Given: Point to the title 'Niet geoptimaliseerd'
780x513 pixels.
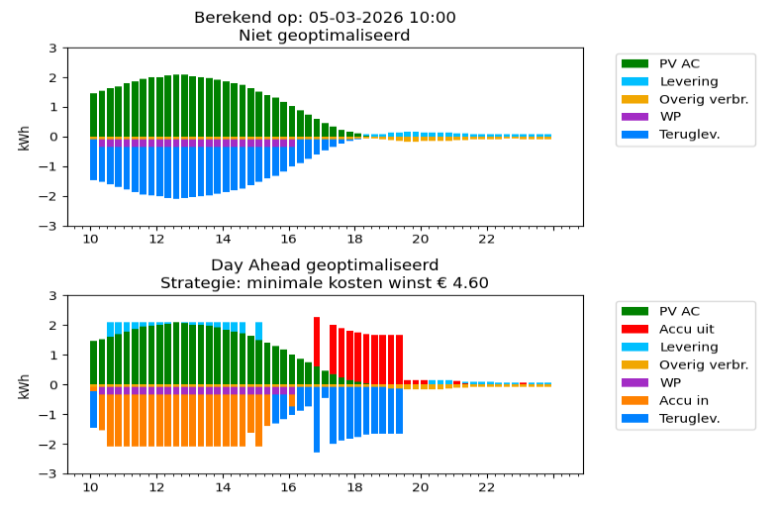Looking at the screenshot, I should pos(325,36).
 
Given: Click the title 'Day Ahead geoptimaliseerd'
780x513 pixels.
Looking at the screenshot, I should pos(325,265).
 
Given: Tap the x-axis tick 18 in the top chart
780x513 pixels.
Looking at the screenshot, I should pos(354,239).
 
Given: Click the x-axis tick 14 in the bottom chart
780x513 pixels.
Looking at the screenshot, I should pos(223,486).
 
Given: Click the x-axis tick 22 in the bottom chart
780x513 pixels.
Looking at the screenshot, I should pos(486,486).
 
